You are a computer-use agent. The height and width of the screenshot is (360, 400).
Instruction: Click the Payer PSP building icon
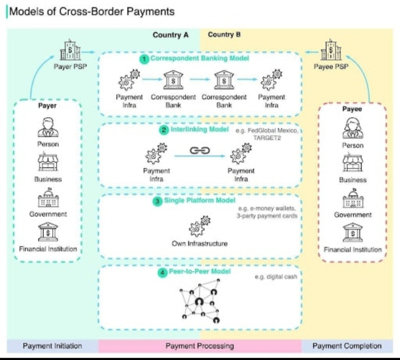pyautogui.click(x=70, y=50)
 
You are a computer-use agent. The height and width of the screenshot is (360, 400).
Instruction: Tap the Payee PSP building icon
pyautogui.click(x=331, y=50)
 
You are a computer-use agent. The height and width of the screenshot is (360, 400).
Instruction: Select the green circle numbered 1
pyautogui.click(x=144, y=59)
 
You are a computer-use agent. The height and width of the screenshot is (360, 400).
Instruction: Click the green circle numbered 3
pyautogui.click(x=157, y=201)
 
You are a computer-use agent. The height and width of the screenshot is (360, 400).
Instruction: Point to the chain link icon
pyautogui.click(x=200, y=150)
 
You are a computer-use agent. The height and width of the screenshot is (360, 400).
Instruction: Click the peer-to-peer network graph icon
pyautogui.click(x=200, y=301)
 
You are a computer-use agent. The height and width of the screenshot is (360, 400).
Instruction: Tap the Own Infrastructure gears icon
pyautogui.click(x=200, y=226)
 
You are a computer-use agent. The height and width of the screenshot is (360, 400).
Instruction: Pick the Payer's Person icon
pyautogui.click(x=48, y=128)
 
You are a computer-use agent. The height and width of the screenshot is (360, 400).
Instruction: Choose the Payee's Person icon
pyautogui.click(x=353, y=128)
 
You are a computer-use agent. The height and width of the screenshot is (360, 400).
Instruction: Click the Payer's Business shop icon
pyautogui.click(x=48, y=162)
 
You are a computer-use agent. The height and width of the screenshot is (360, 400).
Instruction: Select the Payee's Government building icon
pyautogui.click(x=353, y=198)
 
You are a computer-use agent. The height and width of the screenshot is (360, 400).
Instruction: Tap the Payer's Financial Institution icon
pyautogui.click(x=48, y=232)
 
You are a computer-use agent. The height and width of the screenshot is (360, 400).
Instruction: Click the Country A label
pyautogui.click(x=171, y=35)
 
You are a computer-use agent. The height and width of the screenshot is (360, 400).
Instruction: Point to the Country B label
pyautogui.click(x=224, y=34)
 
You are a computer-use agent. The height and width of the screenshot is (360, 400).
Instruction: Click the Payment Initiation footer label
pyautogui.click(x=52, y=346)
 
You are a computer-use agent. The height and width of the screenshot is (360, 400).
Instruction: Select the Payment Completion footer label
pyautogui.click(x=347, y=346)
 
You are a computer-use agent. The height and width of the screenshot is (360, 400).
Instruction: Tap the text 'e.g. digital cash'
pyautogui.click(x=276, y=277)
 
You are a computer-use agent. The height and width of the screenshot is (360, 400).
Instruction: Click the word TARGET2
pyautogui.click(x=267, y=138)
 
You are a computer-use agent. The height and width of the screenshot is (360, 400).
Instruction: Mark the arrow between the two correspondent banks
pyautogui.click(x=200, y=79)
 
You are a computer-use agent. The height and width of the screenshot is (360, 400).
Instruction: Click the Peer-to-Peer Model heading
pyautogui.click(x=200, y=271)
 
